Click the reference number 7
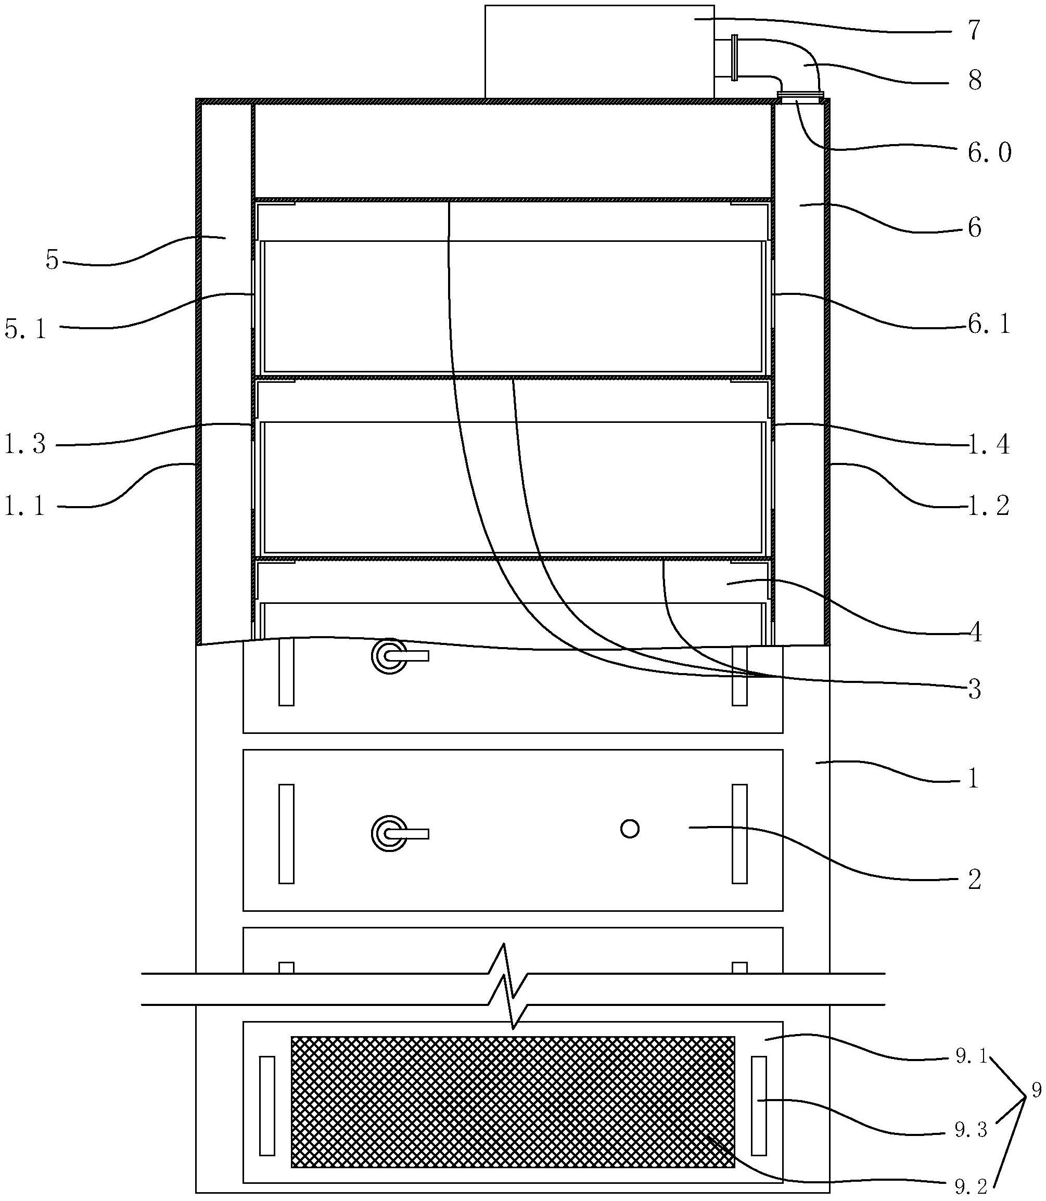coord(973,30)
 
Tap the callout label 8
coord(974,81)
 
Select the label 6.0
coord(989,153)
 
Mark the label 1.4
coord(989,445)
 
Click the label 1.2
coord(989,506)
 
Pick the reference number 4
coord(975,633)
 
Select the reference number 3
coord(974,690)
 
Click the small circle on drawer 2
coord(629,828)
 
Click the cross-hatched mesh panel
coord(513,1102)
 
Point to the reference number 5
coord(52,260)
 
